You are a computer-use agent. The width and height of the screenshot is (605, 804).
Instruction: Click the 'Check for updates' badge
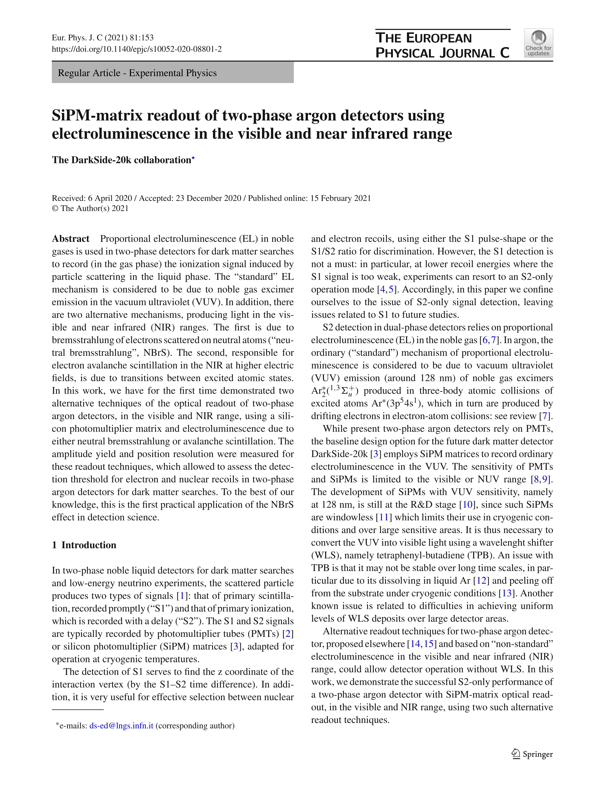coord(538,43)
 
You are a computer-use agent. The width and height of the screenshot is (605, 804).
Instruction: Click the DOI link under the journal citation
coord(137,49)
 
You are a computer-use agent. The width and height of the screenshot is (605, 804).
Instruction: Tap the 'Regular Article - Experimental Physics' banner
coord(173,73)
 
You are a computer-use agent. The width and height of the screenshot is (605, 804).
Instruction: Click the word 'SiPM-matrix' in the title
coord(97,116)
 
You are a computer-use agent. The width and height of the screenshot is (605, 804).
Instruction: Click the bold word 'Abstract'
coord(71,239)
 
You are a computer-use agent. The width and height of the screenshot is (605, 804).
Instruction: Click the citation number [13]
coord(506,593)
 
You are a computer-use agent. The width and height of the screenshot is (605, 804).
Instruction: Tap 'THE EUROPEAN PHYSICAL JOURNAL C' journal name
coord(442,45)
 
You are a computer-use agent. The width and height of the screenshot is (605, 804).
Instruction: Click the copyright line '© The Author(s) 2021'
coord(90,208)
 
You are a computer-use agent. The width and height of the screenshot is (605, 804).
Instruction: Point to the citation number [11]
coord(384,517)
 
